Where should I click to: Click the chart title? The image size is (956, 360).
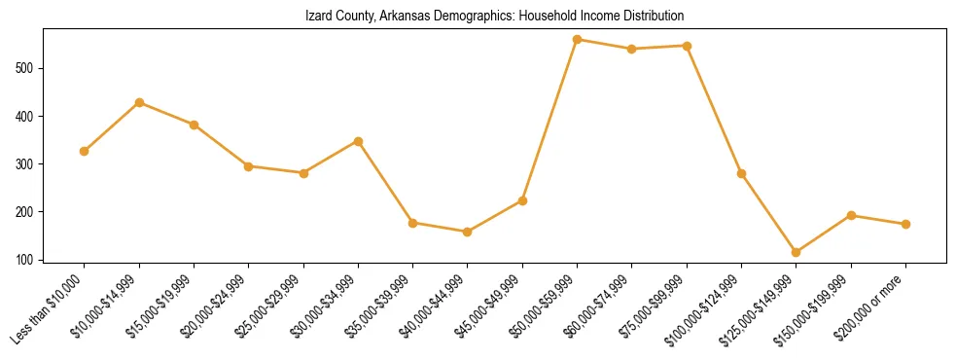495,17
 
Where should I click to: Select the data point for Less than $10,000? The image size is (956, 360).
85,151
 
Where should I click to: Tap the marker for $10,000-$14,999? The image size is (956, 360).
140,102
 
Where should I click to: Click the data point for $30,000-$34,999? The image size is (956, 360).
359,141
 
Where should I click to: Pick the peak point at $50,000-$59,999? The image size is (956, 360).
578,40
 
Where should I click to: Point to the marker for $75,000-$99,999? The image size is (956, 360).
688,46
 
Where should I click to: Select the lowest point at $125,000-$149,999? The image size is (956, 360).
797,252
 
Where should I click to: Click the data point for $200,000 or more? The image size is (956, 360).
905,224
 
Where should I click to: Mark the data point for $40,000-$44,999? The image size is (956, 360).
468,232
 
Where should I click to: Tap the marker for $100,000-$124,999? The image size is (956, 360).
742,173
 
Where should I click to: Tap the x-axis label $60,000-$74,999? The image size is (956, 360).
599,306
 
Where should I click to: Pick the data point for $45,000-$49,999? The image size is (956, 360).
522,200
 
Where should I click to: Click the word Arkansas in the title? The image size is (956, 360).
396,17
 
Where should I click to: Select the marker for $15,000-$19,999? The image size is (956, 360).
195,125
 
